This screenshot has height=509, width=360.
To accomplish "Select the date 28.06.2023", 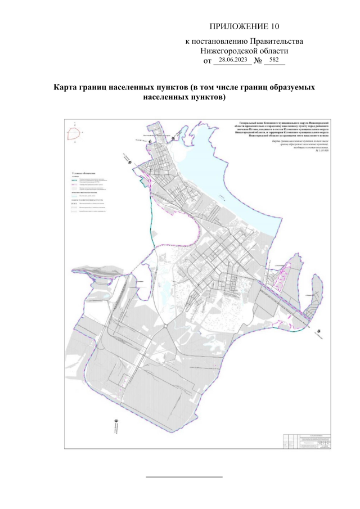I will (232, 60).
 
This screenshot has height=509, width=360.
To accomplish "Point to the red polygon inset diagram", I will (74, 134).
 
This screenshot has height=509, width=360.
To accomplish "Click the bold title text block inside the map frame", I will (286, 129).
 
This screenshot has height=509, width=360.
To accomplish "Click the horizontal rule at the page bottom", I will (184, 477).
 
